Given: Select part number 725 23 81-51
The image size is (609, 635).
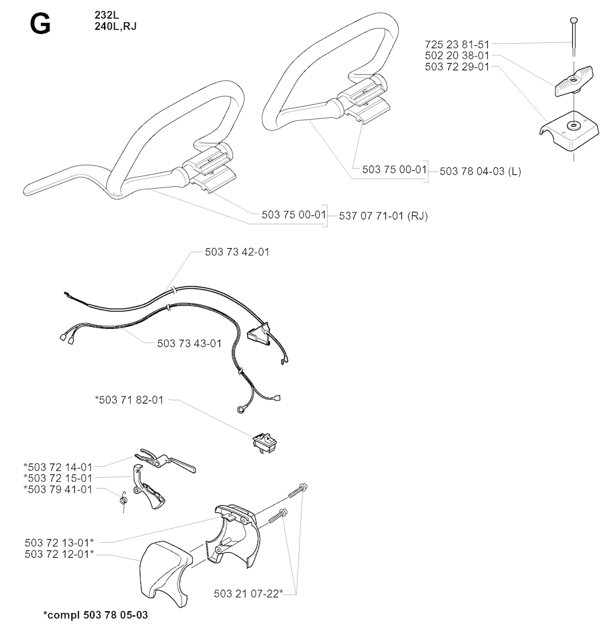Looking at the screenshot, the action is point(457,44).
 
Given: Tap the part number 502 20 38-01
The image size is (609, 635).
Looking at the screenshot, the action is point(457,55).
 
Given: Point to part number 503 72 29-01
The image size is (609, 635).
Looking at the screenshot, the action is point(457,67).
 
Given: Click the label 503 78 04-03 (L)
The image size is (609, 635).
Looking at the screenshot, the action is point(481,171).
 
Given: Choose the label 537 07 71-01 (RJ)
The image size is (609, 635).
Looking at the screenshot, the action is point(383,216).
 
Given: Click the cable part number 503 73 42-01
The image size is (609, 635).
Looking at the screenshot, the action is point(237,252).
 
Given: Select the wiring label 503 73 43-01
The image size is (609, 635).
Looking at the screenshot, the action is point(189,343).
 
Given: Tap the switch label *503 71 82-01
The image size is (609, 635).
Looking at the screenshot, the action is point(129,400).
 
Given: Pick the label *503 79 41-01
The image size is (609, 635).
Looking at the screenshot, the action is point(58,489).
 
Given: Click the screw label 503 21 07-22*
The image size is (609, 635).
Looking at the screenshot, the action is point(249,594).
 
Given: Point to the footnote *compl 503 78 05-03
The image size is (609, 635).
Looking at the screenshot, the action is point(96,615).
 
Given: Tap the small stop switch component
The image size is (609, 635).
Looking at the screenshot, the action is point(265,442).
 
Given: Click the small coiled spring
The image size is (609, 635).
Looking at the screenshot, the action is point(124,501).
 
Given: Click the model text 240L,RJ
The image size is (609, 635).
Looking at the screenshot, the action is point(115,26).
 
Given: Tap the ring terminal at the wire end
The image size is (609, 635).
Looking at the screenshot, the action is point(241,410).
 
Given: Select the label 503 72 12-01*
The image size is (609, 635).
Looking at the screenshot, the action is point(59,554).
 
